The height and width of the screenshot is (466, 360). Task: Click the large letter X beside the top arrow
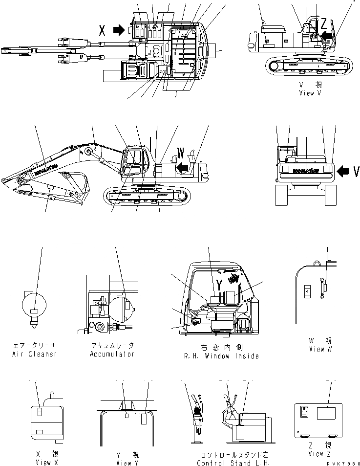point(102,30)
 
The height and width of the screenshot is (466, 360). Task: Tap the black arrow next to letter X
point(119,30)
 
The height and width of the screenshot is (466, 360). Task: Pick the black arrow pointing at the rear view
point(343,171)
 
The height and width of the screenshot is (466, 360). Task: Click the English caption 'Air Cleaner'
point(34,354)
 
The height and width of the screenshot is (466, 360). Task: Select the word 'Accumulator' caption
point(112,354)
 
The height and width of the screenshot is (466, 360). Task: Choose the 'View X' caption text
point(46,462)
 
